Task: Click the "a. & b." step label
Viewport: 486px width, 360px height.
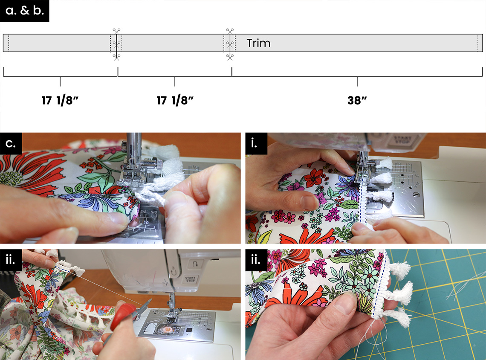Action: [x=24, y=11]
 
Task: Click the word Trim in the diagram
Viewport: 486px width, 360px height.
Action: [x=258, y=43]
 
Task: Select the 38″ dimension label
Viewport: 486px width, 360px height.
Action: [x=357, y=100]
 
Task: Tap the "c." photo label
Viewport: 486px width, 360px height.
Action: [x=11, y=144]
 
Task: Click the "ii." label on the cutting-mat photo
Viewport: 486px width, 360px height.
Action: [x=256, y=260]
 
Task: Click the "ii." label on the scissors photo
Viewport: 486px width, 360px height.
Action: [x=10, y=260]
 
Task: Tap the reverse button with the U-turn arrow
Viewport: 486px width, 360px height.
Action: [x=195, y=264]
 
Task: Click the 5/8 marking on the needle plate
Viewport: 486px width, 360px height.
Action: [x=153, y=212]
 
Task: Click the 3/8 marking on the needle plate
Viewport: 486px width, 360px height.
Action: [x=143, y=212]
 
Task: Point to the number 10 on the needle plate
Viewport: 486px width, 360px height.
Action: [x=146, y=222]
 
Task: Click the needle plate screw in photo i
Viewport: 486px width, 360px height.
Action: [x=416, y=195]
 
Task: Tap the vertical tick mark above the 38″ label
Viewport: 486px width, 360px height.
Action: [x=357, y=81]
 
